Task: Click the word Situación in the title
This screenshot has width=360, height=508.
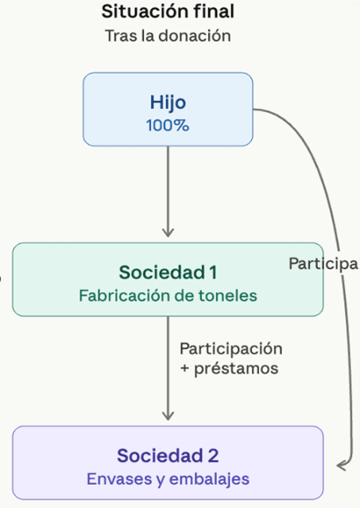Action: [x=145, y=12]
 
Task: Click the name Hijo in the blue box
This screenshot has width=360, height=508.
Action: [x=168, y=103]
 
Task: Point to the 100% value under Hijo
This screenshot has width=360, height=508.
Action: [x=168, y=126]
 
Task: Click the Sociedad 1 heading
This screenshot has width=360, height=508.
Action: [x=168, y=272]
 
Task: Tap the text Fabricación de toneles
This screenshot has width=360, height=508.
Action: [x=168, y=296]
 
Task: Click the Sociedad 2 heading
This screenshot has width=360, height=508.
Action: [x=168, y=456]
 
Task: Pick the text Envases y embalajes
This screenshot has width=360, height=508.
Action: [x=168, y=479]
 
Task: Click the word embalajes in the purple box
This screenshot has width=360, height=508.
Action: [x=209, y=479]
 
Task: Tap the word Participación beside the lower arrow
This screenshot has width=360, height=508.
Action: [x=230, y=349]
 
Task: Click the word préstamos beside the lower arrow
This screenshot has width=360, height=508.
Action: [x=236, y=369]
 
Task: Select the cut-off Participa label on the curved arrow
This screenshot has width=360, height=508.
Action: [x=323, y=264]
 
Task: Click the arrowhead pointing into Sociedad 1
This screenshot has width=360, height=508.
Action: [x=168, y=233]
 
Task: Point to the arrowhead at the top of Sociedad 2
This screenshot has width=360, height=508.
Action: [x=168, y=416]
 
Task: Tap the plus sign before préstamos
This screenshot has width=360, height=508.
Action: [x=184, y=369]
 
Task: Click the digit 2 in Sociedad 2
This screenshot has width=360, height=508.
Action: [x=213, y=456]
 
